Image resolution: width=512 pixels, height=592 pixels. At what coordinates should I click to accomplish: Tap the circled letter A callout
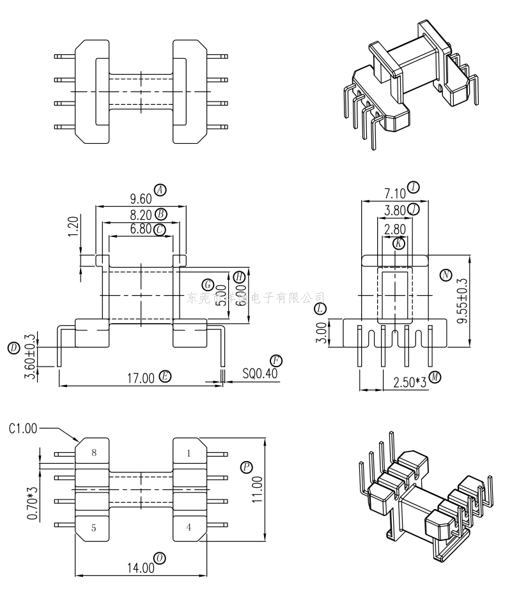[160, 189]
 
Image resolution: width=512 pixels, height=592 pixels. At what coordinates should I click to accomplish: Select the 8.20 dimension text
[140, 215]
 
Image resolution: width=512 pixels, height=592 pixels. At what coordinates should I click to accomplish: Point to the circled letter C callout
[160, 229]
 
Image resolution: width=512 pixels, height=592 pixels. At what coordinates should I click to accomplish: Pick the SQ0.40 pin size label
[260, 373]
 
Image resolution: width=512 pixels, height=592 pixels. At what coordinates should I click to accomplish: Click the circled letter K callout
[399, 243]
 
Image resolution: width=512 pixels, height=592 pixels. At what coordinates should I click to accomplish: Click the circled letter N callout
[446, 275]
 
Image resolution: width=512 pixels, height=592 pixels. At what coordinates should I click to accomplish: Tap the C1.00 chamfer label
[23, 429]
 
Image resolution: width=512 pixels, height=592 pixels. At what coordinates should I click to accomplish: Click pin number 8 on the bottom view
[94, 453]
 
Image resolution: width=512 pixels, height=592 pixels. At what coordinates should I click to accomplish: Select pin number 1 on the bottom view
[189, 453]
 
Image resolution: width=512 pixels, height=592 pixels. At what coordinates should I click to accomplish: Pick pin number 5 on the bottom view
[94, 527]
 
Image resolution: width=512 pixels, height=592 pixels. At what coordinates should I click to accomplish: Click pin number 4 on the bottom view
[189, 527]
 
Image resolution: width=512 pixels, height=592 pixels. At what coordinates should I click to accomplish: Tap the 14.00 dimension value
[140, 566]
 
